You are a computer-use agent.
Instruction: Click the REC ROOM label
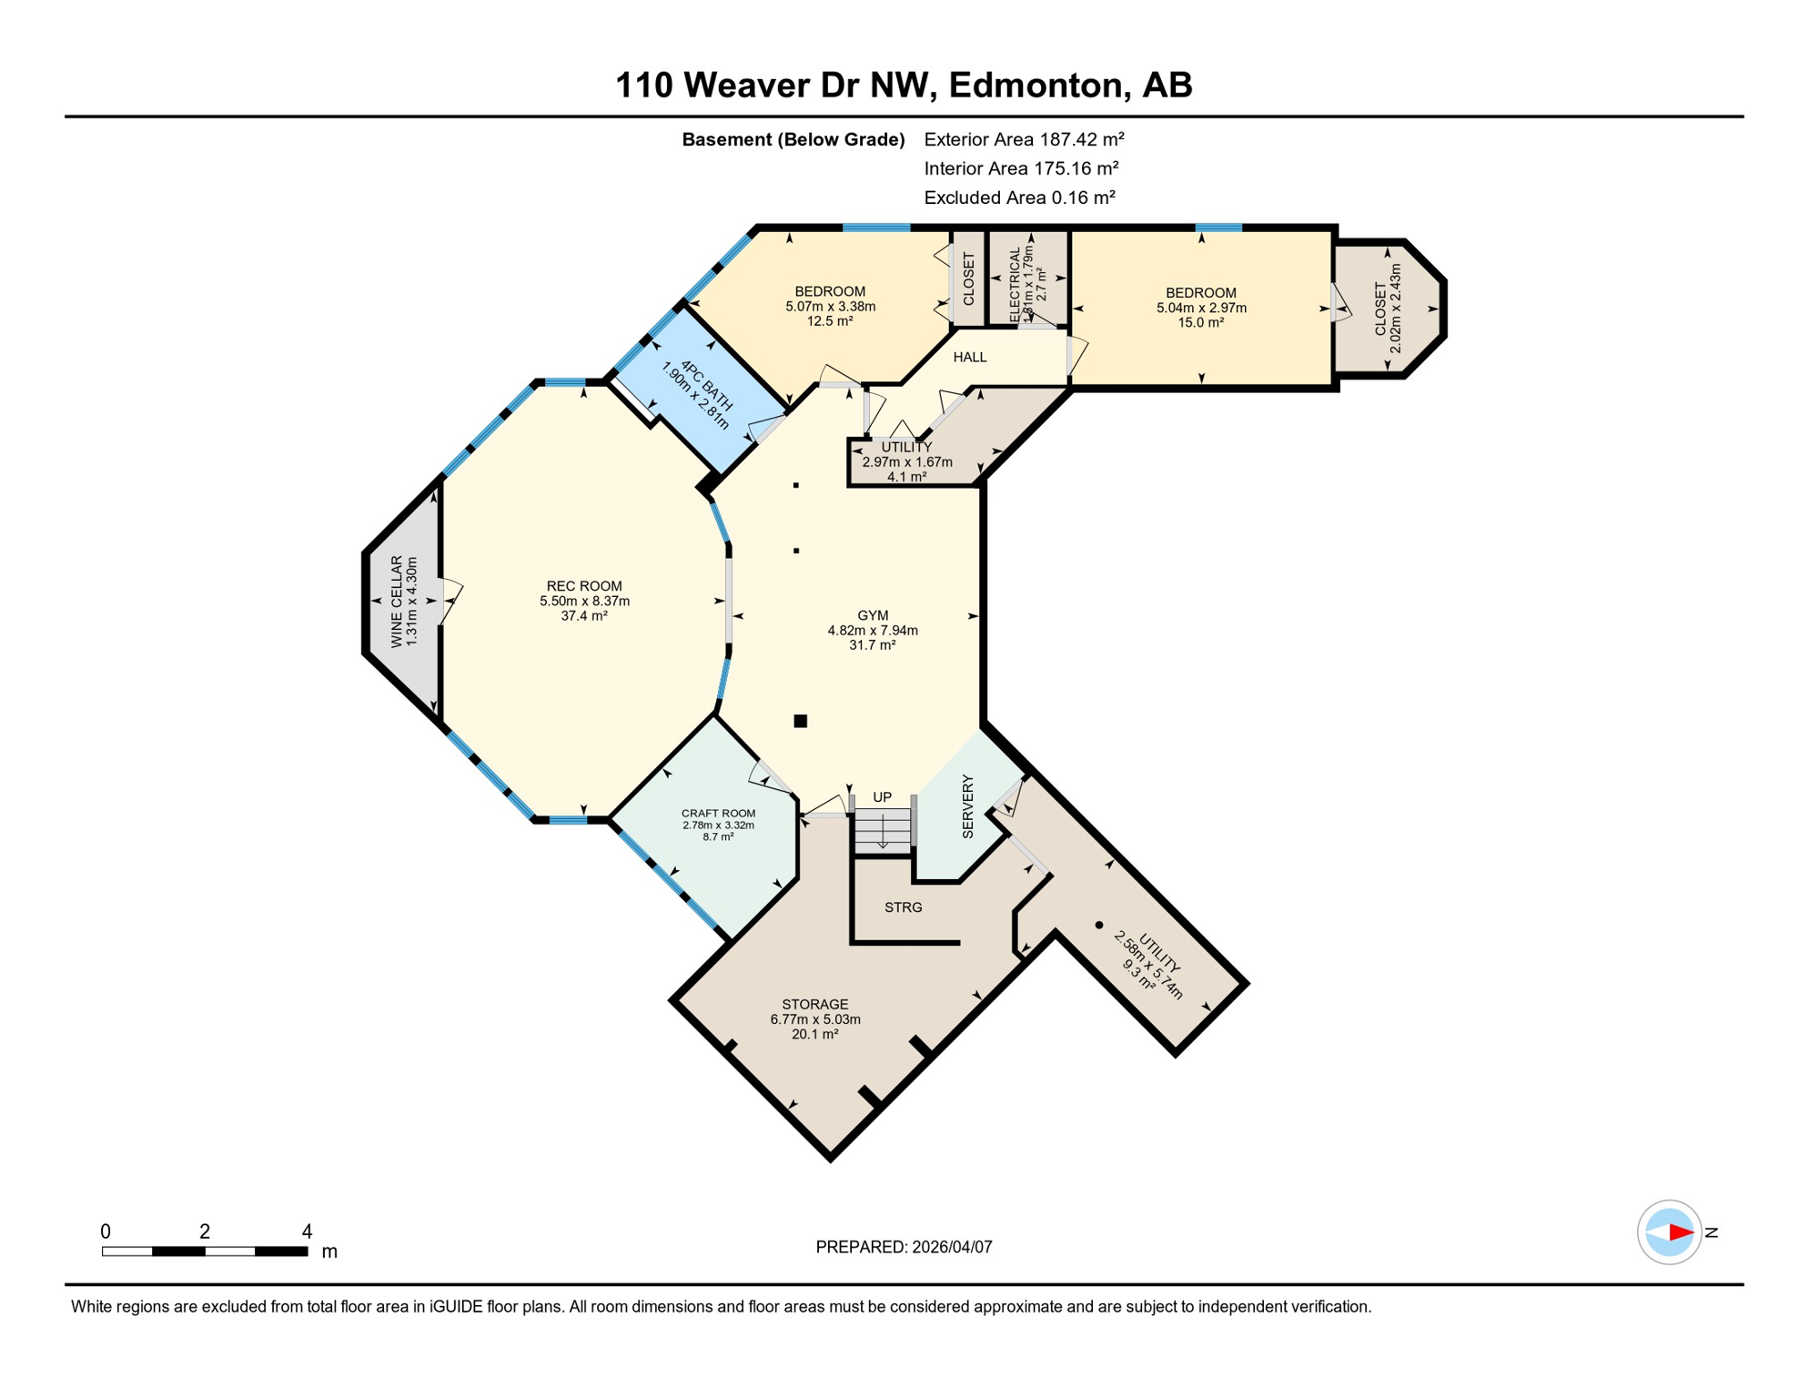click(x=584, y=586)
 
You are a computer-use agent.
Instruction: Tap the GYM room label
click(x=872, y=615)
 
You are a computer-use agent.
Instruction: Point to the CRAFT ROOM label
click(x=718, y=814)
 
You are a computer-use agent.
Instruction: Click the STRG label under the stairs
click(x=903, y=907)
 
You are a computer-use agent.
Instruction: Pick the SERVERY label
click(x=967, y=806)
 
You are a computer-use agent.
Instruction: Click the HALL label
click(x=969, y=357)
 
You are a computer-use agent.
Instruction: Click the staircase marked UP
click(x=882, y=829)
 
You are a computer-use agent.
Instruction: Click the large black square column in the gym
click(x=800, y=721)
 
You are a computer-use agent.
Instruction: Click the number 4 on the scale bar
click(x=307, y=1231)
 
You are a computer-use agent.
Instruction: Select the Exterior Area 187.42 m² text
click(x=1024, y=139)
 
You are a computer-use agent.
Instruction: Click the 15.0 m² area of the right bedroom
click(x=1200, y=322)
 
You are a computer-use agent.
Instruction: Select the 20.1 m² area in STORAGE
click(x=814, y=1034)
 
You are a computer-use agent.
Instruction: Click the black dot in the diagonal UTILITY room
click(x=1099, y=925)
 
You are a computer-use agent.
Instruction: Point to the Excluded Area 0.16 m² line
click(x=1019, y=198)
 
